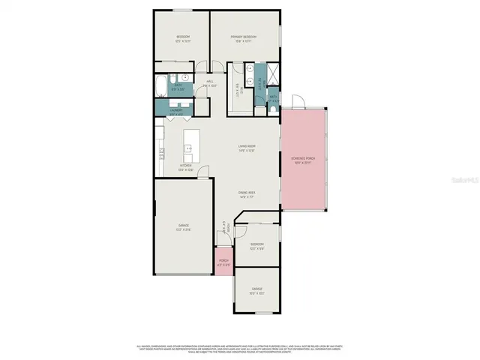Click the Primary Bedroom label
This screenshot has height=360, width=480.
coord(244,37)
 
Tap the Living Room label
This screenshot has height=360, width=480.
coord(247,146)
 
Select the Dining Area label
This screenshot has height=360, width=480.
coord(247,193)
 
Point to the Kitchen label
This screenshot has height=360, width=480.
coord(185,166)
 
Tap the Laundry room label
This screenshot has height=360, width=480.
coord(176,111)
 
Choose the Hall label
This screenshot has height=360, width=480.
coord(210,83)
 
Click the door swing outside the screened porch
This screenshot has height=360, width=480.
coord(297,100)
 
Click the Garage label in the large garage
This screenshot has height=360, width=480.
coord(183,226)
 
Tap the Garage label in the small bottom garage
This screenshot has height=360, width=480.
coord(257,289)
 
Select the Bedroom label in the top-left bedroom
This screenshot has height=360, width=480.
coord(183,37)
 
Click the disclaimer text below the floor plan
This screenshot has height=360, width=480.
coord(240,349)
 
